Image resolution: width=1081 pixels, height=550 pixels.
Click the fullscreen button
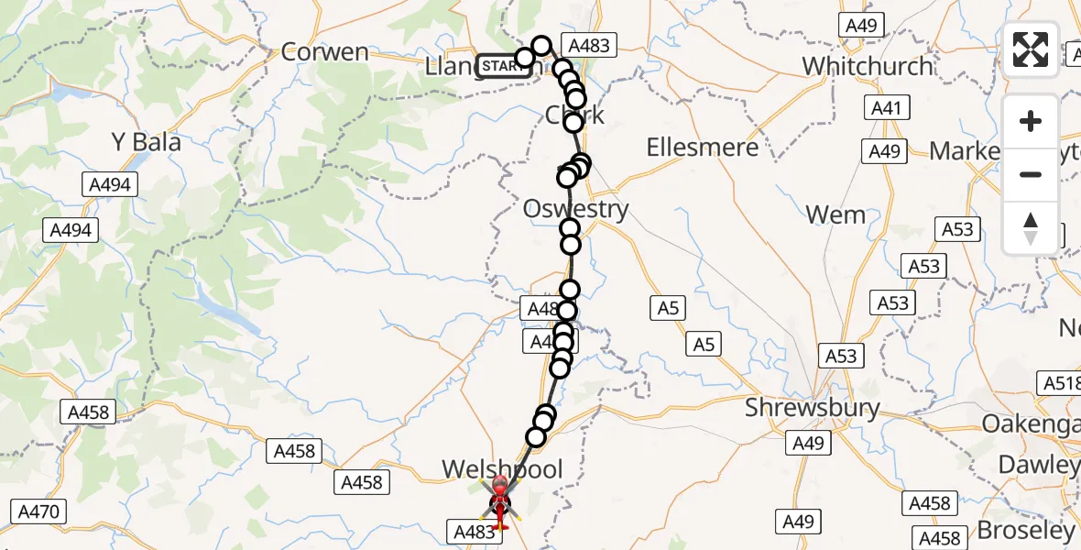(x=1031, y=49)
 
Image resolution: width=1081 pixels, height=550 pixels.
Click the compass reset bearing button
(x=1031, y=228)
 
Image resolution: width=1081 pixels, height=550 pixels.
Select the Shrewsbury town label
(x=812, y=408)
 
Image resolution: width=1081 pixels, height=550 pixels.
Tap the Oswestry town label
(x=575, y=209)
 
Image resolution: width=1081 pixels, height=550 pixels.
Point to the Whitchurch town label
(x=867, y=66)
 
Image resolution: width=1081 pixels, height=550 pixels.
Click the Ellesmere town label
(x=702, y=148)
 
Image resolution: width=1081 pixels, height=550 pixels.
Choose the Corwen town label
(x=324, y=52)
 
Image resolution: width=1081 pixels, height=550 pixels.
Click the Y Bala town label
(x=146, y=142)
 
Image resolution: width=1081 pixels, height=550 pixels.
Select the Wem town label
(x=835, y=215)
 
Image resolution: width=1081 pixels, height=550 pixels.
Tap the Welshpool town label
(x=502, y=469)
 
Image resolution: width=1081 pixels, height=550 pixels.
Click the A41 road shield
(x=886, y=109)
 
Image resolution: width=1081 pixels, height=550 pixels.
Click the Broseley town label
(x=1025, y=530)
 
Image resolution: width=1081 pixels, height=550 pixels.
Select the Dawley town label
(x=1039, y=465)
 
